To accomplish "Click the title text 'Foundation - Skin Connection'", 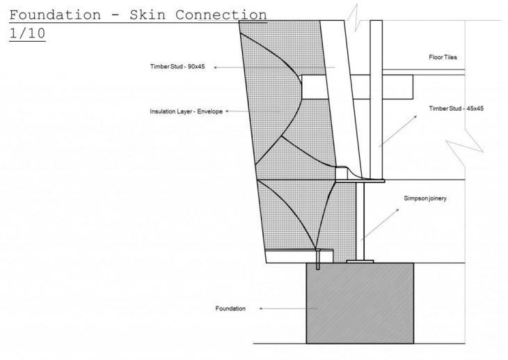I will (138, 14).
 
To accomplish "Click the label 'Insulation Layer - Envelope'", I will (186, 111).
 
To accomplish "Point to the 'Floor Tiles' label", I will (444, 57).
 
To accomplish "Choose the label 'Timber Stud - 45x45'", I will (457, 108).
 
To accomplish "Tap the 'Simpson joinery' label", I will (425, 198).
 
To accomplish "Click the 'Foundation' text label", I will (232, 308).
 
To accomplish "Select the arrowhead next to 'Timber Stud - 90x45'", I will (216, 68).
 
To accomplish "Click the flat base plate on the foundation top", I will (360, 262).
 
